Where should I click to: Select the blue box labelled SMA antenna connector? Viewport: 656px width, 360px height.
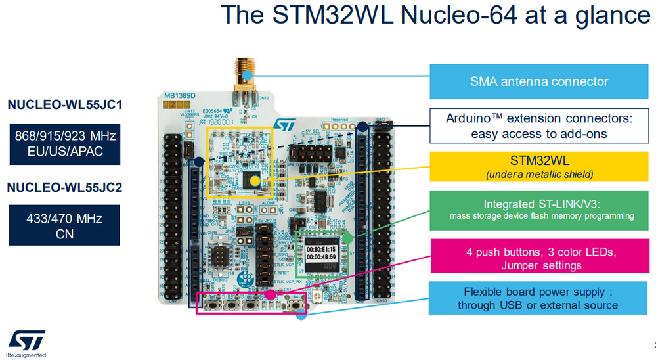[x=539, y=81]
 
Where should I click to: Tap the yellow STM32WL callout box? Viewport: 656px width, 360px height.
[x=539, y=167]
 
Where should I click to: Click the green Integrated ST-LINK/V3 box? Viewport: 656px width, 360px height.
[x=539, y=210]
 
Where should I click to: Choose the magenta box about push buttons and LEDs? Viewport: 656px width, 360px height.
[x=539, y=259]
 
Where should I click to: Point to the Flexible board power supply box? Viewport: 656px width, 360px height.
[x=539, y=298]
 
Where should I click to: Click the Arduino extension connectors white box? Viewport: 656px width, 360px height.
[x=539, y=125]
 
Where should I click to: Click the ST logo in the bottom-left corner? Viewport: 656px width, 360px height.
[x=27, y=341]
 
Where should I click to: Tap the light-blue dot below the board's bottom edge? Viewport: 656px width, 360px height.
[x=301, y=315]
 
